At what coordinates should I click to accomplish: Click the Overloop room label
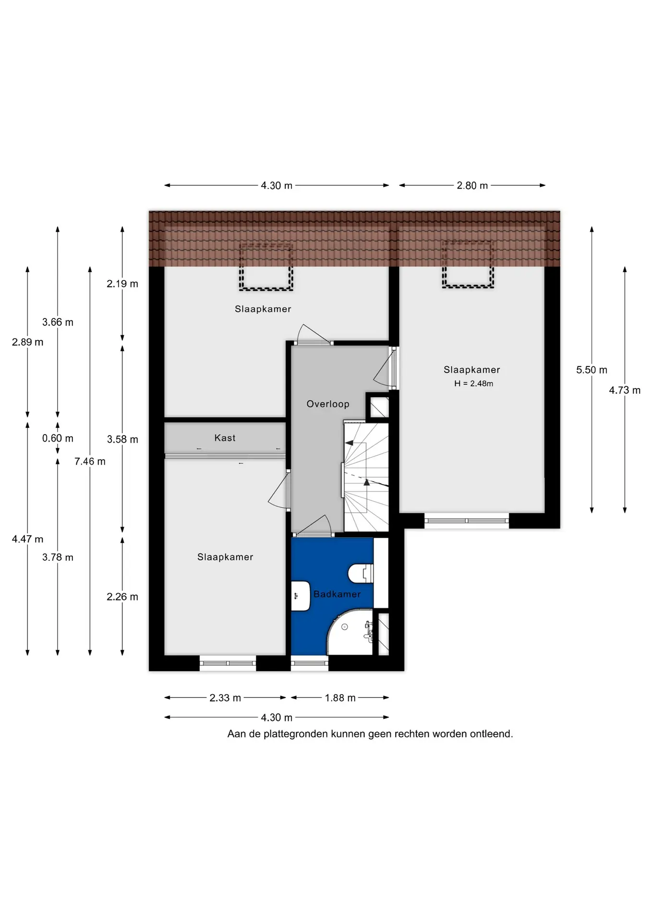tap(328, 404)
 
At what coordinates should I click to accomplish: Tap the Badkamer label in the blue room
tap(337, 594)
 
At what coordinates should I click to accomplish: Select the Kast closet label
tap(225, 438)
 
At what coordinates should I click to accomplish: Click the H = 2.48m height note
tap(473, 383)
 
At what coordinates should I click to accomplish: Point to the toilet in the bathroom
tap(361, 573)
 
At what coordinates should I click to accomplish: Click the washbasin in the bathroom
tap(301, 595)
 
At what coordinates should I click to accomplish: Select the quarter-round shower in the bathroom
tap(350, 632)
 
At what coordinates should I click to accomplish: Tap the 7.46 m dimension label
tap(90, 461)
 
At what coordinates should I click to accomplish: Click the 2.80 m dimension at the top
tap(472, 186)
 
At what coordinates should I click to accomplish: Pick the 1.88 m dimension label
tap(340, 698)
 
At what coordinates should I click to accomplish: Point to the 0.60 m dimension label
tap(58, 438)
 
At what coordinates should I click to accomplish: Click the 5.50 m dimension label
tap(592, 370)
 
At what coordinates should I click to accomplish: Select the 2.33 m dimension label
tap(225, 698)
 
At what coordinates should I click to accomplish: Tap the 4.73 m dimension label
tap(625, 390)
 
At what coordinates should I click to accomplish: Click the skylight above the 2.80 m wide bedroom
tap(468, 264)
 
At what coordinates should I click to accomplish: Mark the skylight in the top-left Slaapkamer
tap(266, 267)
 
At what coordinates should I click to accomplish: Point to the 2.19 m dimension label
tap(122, 284)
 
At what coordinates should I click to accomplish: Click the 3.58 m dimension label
tap(122, 439)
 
